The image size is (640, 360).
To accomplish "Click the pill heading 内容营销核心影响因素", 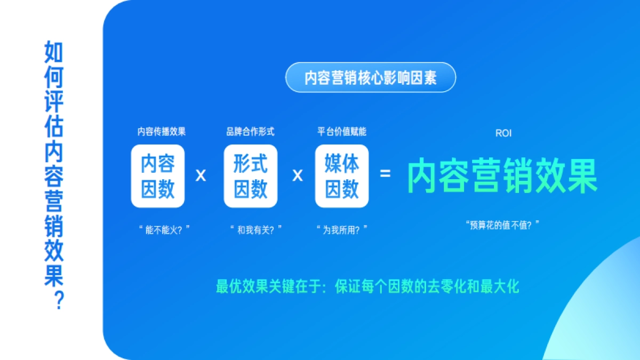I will click(371, 78).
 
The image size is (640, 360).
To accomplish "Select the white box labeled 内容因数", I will click(158, 176).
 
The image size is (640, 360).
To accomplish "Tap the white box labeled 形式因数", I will click(251, 176).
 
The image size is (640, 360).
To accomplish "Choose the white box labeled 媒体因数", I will click(342, 176).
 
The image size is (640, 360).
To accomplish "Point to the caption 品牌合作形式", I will click(250, 132).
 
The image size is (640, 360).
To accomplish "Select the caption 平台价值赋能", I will click(342, 132).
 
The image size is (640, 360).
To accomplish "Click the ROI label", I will click(503, 133).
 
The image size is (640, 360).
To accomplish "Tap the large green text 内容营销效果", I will click(502, 175).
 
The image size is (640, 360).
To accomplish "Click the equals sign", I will click(385, 174).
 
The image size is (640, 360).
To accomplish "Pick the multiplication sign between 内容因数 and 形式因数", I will click(201, 175).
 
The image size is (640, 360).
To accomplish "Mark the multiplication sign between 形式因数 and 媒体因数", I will click(297, 175).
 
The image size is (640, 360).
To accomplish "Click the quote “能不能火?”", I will click(164, 230).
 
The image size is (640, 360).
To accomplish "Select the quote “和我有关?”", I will click(255, 230).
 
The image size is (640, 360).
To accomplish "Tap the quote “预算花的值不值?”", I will click(502, 225).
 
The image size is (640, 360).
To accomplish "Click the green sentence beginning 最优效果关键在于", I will click(367, 286).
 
